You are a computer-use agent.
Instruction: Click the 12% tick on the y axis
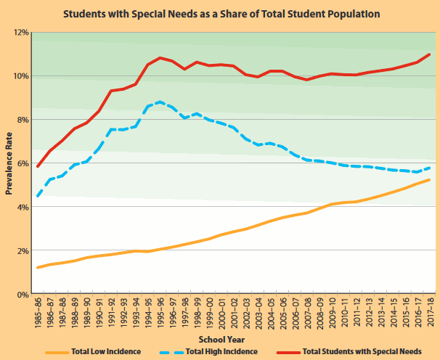[x=18, y=33]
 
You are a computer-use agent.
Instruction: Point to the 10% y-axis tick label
[x=18, y=76]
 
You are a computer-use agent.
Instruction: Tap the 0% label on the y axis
[x=20, y=294]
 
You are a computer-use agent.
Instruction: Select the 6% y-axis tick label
[x=20, y=163]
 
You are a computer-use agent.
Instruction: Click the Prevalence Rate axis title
[x=9, y=163]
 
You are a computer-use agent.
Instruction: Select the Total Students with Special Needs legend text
[x=361, y=351]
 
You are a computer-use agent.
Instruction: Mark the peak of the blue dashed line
[x=160, y=102]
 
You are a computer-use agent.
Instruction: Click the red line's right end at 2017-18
[x=430, y=54]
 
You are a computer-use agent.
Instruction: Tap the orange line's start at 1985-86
[x=38, y=268]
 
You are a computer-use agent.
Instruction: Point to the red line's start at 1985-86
[x=38, y=166]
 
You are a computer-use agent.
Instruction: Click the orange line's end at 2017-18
[x=430, y=180]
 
